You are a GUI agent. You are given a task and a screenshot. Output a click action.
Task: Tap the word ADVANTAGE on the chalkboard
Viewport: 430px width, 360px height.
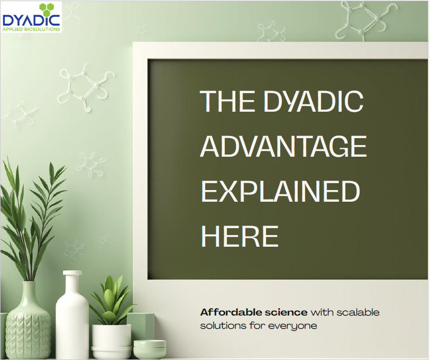tap(283, 146)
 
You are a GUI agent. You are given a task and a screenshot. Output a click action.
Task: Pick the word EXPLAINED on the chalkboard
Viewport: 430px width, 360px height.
tap(280, 191)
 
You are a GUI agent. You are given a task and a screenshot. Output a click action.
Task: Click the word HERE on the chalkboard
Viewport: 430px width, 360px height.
tap(240, 236)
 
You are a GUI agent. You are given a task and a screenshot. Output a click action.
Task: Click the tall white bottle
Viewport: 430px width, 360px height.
tap(72, 323)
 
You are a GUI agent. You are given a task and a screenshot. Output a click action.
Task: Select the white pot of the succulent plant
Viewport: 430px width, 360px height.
tap(111, 339)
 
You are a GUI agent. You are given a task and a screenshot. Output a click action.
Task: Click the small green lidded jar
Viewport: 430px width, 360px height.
tap(149, 349)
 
